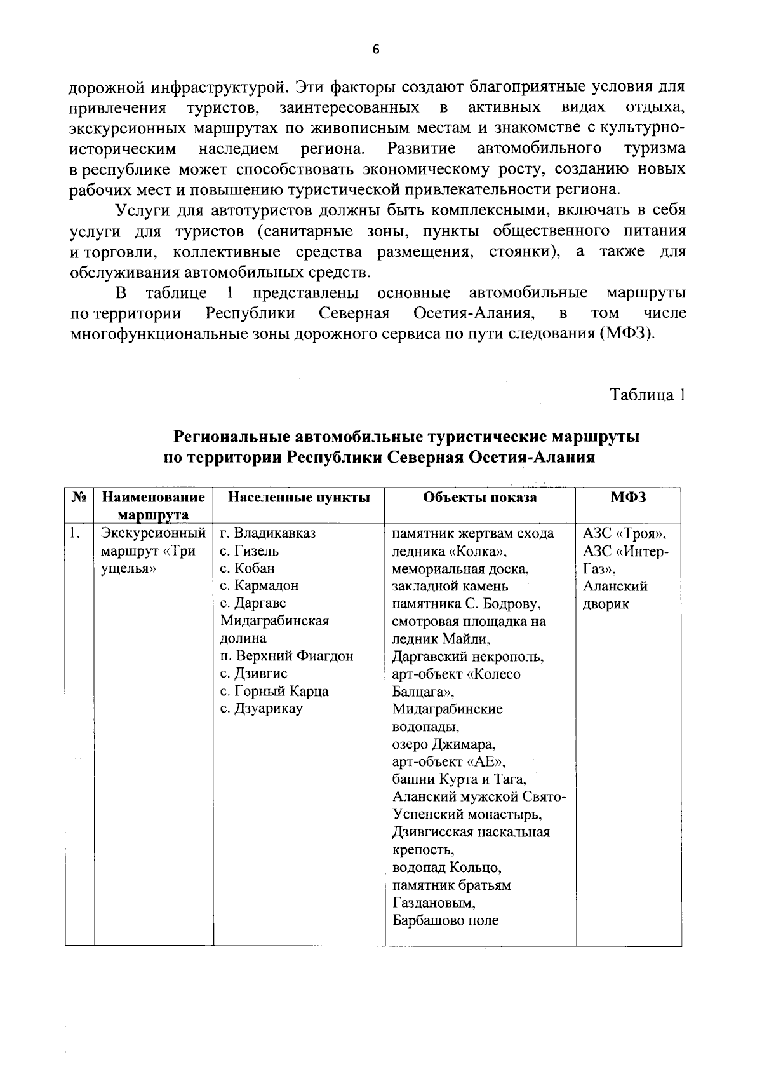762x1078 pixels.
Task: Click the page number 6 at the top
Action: [375, 50]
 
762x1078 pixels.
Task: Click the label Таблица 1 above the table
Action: [647, 395]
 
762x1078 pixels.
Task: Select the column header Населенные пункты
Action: [298, 498]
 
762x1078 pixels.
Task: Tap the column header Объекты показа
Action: [480, 498]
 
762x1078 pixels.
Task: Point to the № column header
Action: [79, 498]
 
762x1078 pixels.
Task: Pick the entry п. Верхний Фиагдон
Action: [286, 656]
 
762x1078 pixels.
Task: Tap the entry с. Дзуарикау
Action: [262, 708]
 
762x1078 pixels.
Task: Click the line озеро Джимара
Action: [444, 744]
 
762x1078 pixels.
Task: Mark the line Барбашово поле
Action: [446, 920]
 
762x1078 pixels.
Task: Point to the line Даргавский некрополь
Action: [468, 656]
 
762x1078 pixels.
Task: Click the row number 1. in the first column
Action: [76, 533]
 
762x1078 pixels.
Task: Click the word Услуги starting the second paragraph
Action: [138, 210]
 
